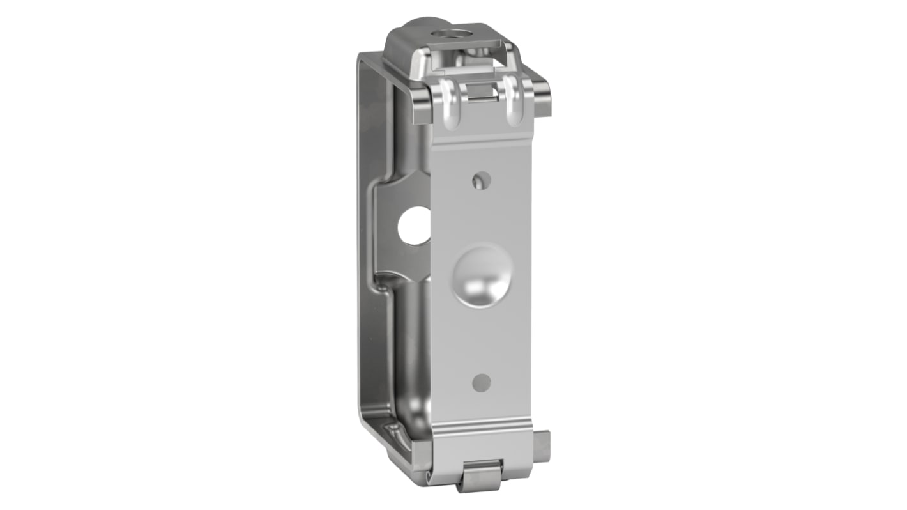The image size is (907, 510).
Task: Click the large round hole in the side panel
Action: (x=414, y=226)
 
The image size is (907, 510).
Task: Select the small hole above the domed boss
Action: (x=481, y=181)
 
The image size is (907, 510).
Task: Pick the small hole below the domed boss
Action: (x=481, y=382)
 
